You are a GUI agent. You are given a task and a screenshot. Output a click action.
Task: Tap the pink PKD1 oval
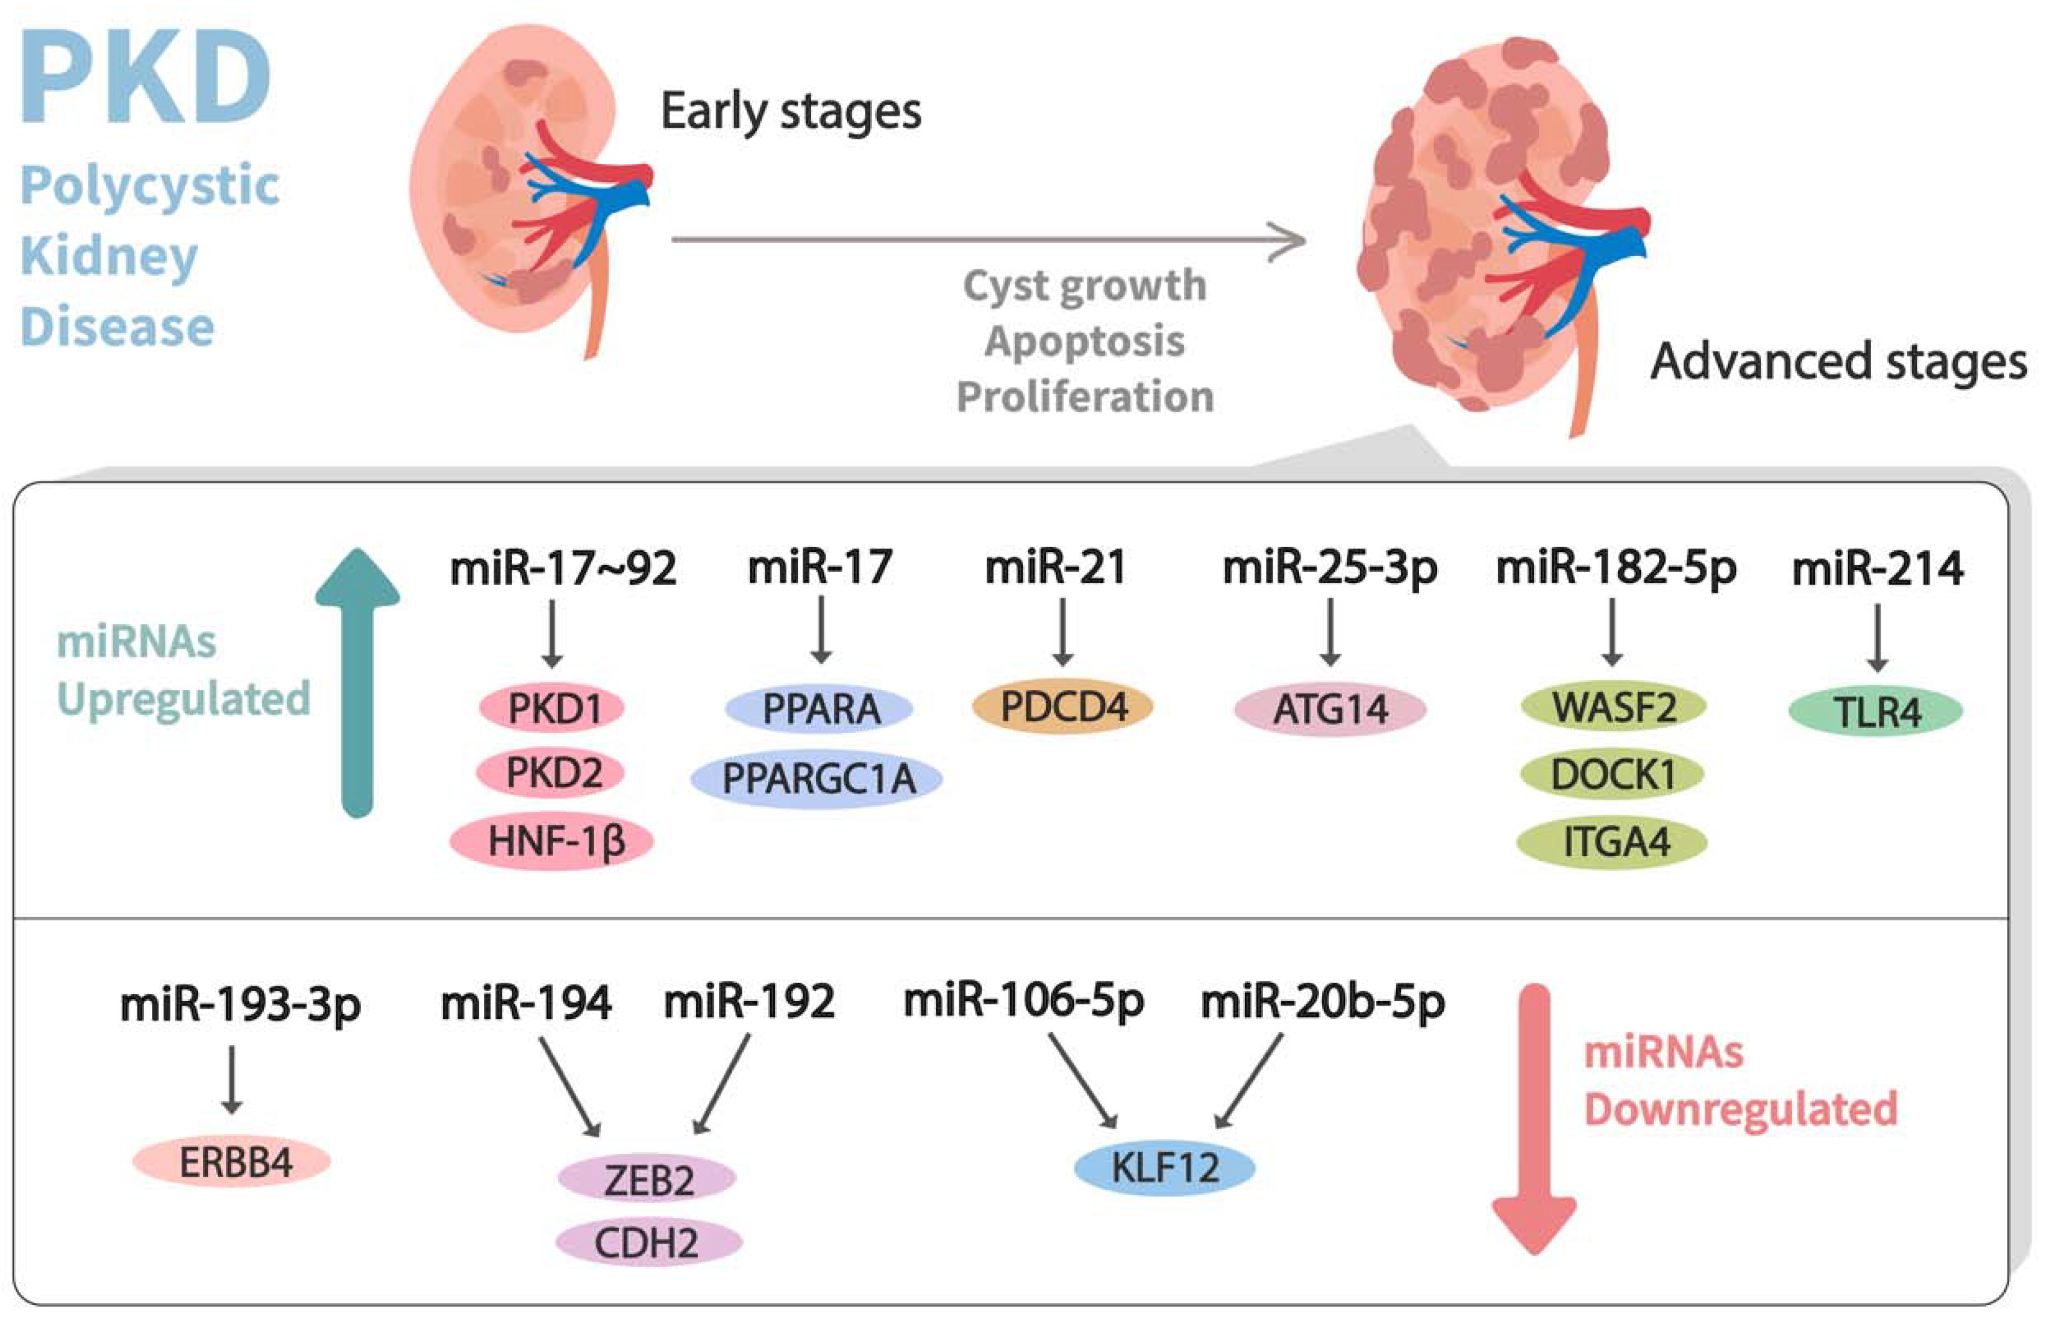point(552,708)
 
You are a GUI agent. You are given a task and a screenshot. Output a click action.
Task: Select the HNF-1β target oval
point(552,841)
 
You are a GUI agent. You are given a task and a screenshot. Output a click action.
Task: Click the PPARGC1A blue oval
point(817,778)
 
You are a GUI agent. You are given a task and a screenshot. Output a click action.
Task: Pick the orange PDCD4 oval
point(1062,707)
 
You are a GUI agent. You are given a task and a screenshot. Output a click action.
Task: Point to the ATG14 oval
point(1330,710)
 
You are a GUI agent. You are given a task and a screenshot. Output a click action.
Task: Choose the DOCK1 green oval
point(1611,774)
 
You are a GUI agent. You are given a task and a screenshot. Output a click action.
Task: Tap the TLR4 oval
point(1875,712)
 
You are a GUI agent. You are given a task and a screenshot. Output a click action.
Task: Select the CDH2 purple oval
point(648,1242)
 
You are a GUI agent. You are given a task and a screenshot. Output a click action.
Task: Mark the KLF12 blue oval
point(1165,1168)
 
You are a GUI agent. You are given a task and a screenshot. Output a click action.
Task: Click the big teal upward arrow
point(357,680)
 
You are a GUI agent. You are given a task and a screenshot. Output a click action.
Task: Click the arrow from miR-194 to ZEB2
point(569,1086)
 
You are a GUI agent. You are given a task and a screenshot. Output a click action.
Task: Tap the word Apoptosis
point(1085,341)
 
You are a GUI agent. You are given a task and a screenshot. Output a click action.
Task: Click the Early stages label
point(791,112)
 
